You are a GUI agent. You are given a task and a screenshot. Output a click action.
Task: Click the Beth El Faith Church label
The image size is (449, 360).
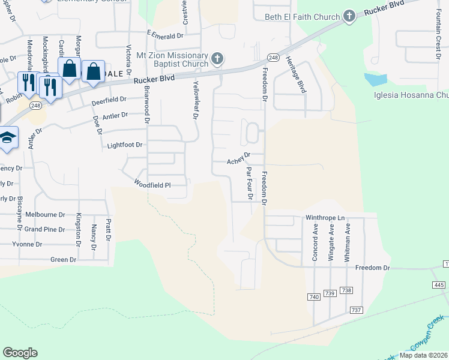(303, 17)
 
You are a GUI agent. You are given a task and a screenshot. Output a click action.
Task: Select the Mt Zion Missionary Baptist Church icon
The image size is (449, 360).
(217, 59)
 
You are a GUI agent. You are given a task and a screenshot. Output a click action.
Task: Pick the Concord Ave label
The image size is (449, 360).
(315, 242)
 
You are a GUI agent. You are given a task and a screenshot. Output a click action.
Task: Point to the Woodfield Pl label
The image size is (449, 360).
(152, 184)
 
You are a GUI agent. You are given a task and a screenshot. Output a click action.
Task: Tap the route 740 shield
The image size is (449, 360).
(313, 297)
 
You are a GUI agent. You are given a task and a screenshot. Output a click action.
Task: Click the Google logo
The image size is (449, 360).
(20, 353)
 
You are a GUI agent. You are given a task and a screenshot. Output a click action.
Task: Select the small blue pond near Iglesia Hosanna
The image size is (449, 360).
(375, 79)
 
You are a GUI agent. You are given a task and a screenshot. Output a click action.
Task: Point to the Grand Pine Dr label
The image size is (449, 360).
(44, 229)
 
